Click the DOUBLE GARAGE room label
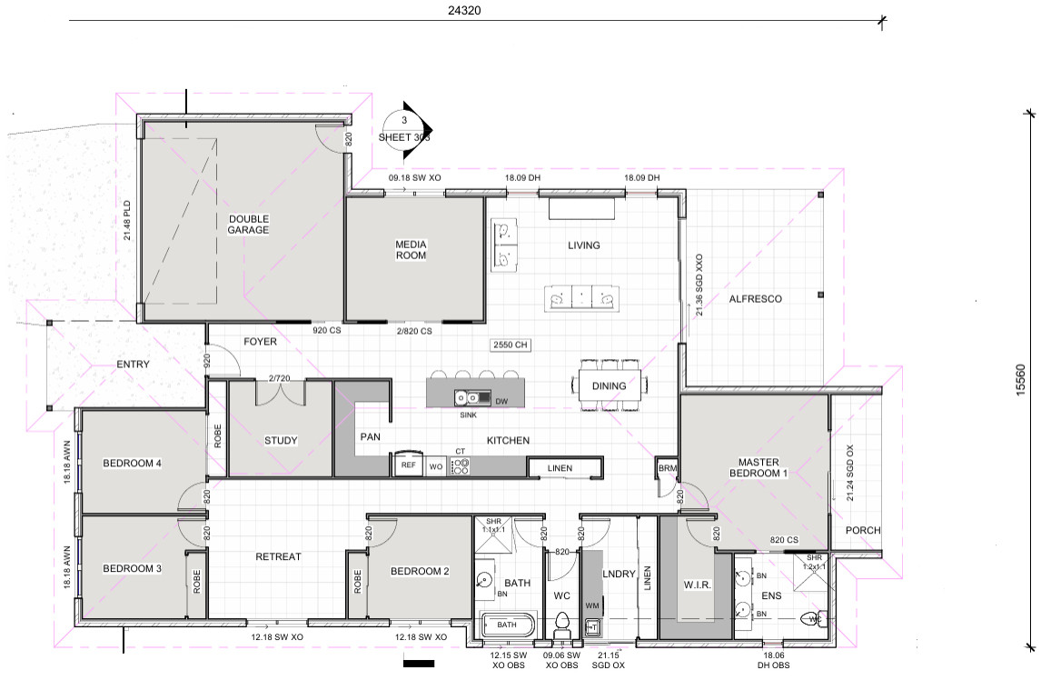coord(248,224)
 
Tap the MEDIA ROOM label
coord(411,249)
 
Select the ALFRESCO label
coord(756,299)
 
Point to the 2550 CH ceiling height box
coord(511,345)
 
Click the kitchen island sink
coord(468,397)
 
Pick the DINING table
coord(610,385)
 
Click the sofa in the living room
coord(581,297)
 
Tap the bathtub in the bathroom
coord(508,625)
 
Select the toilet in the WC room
coord(561,624)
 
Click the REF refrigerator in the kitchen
coord(408,464)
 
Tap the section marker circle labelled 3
coord(403,128)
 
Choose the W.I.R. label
coord(697,585)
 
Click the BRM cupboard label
coord(668,468)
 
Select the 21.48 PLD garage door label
coord(127,221)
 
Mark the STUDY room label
coord(281,441)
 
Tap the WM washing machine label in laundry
coord(592,605)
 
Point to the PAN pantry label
coord(371,436)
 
